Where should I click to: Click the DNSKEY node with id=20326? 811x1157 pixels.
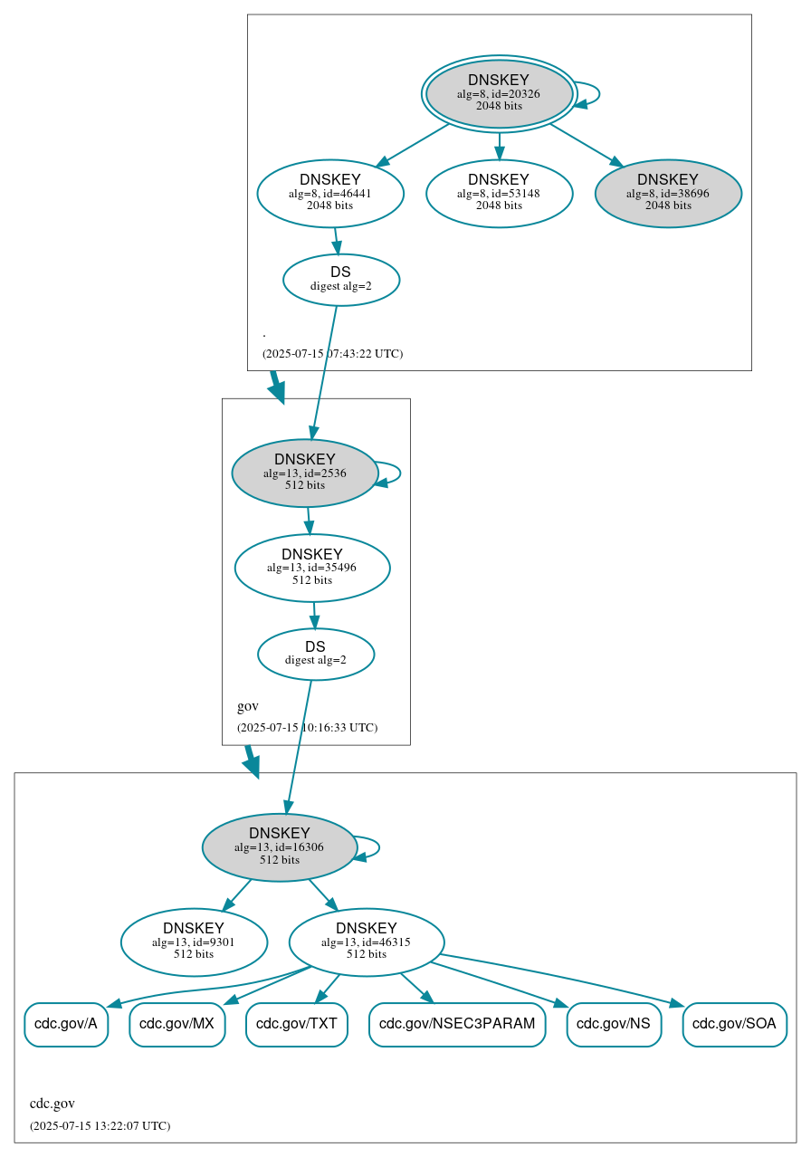click(x=499, y=93)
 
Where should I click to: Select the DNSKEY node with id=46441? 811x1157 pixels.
click(x=330, y=193)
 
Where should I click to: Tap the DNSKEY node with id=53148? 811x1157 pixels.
click(x=499, y=193)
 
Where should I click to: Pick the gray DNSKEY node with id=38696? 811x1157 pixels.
click(x=668, y=193)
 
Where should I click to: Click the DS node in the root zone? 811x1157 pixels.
click(x=341, y=280)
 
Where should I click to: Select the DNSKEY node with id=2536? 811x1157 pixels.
click(x=305, y=473)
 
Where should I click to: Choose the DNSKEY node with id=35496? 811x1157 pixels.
click(x=312, y=568)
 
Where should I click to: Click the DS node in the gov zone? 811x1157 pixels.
click(x=316, y=654)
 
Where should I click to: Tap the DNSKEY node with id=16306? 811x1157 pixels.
click(x=280, y=847)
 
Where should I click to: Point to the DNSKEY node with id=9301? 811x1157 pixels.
click(x=194, y=942)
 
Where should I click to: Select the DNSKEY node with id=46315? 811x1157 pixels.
click(x=367, y=942)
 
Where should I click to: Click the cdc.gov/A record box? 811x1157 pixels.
click(x=66, y=1025)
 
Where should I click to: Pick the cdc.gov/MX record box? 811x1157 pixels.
click(x=177, y=1025)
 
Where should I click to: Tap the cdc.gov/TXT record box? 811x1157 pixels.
click(x=297, y=1025)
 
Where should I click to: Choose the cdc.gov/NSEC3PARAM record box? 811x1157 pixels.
click(x=457, y=1025)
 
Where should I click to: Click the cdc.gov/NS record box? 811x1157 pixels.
click(x=614, y=1025)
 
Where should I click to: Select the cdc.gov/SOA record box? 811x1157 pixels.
click(x=734, y=1025)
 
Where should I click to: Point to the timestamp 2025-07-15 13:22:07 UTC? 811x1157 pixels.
click(x=100, y=1126)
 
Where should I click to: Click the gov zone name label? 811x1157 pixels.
click(x=248, y=706)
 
